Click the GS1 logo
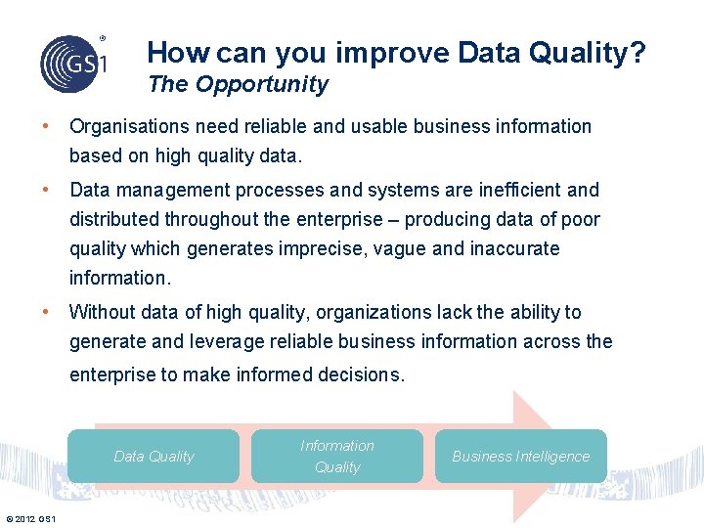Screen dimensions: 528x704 click(x=72, y=62)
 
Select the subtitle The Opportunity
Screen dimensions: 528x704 click(x=238, y=84)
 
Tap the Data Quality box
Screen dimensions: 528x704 click(x=154, y=456)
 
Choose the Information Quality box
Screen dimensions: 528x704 click(x=337, y=456)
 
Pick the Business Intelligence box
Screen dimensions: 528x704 click(x=520, y=456)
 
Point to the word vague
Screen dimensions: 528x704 click(x=397, y=248)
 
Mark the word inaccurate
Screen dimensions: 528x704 click(x=515, y=248)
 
